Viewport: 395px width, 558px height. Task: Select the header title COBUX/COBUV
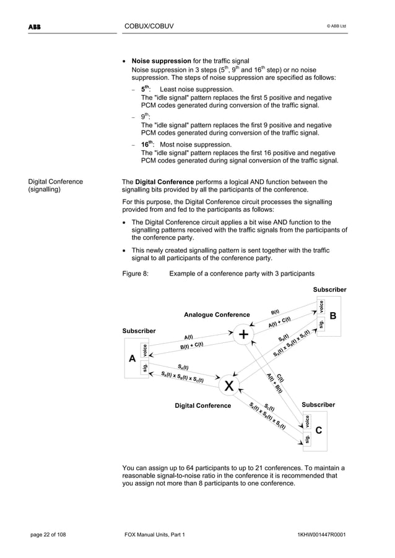[149, 25]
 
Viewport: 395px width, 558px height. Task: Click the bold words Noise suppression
[161, 61]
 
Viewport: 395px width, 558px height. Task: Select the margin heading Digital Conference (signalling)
[56, 186]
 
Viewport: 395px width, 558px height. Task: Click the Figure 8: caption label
[136, 273]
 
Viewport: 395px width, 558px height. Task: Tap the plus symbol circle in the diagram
[243, 334]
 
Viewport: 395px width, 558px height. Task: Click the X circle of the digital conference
[229, 386]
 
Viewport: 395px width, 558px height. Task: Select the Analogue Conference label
[217, 315]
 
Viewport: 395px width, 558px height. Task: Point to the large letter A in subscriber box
[132, 360]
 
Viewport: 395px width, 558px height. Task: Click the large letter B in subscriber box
[332, 316]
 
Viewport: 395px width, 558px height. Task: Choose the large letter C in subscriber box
[318, 431]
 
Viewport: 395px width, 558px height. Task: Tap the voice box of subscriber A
[145, 350]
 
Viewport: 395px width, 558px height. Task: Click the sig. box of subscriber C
[306, 439]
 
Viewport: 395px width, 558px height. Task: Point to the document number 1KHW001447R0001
[321, 533]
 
